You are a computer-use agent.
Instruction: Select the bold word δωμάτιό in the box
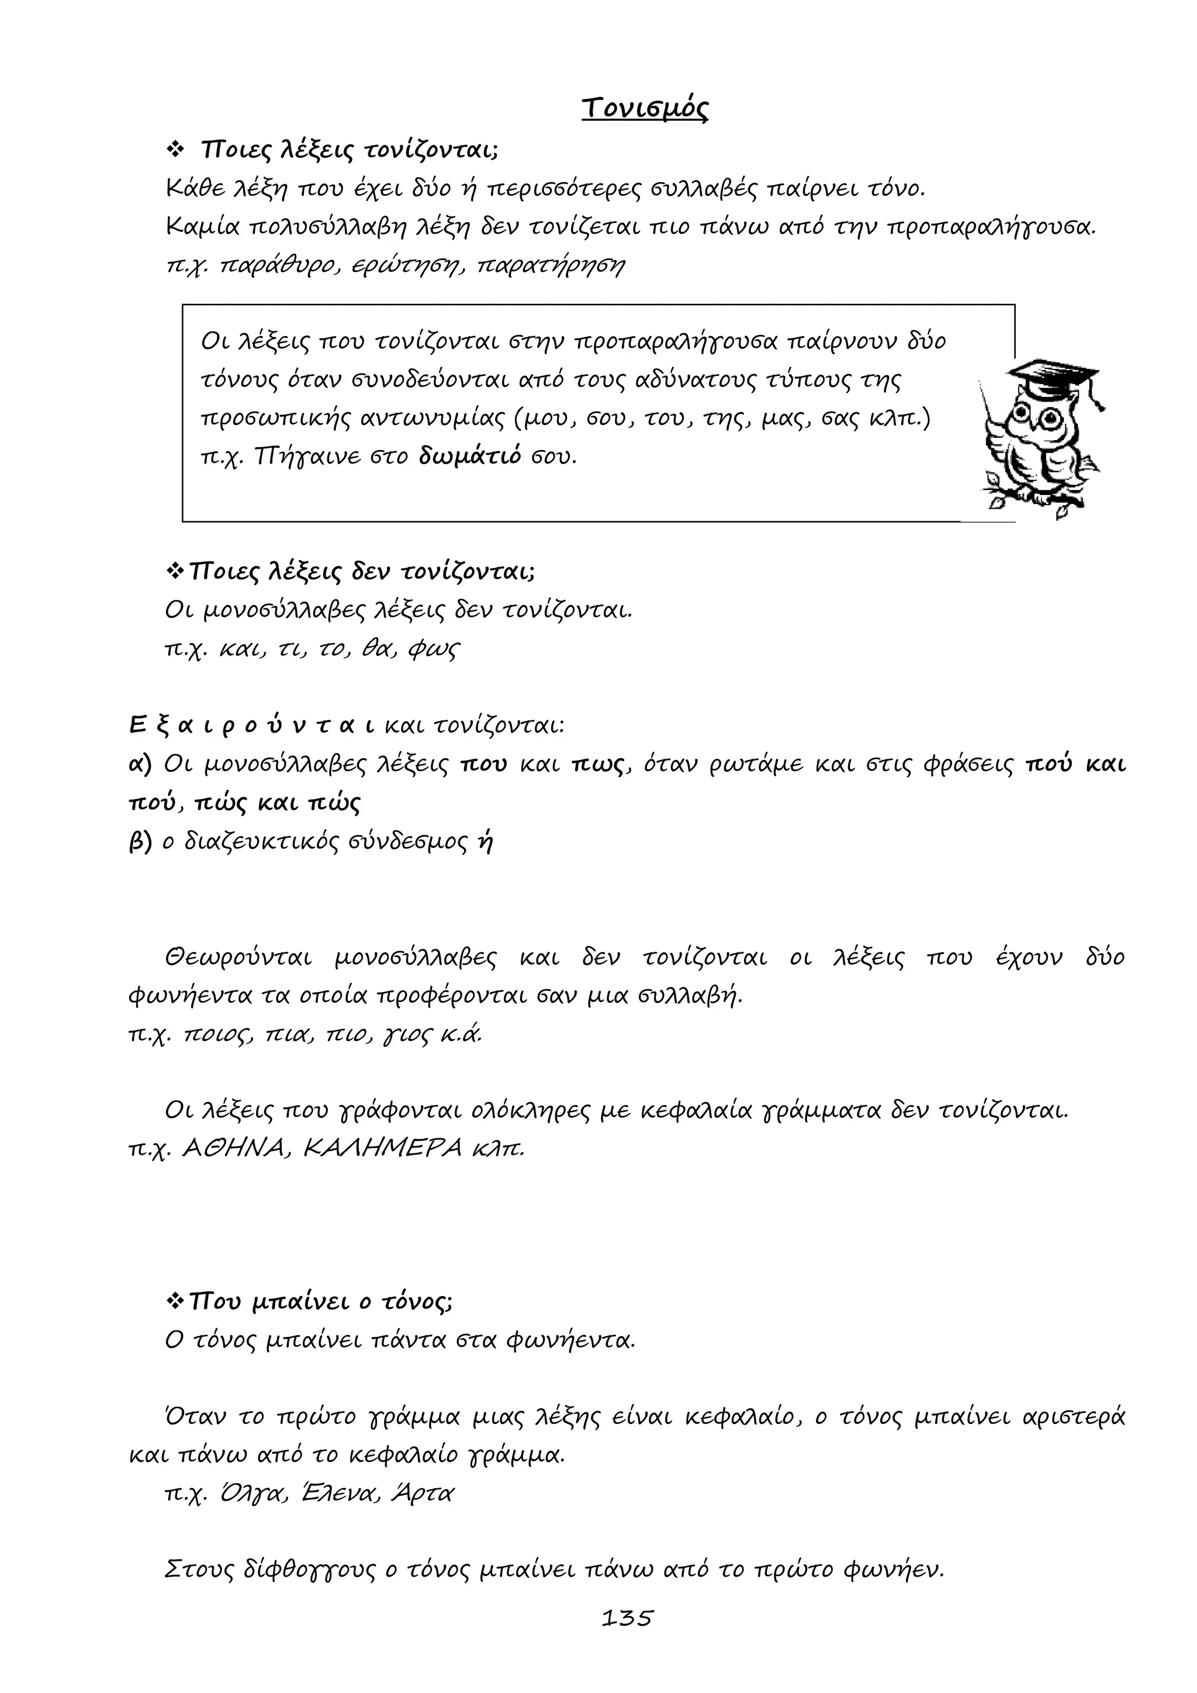point(469,457)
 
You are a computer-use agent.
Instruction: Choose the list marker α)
point(140,764)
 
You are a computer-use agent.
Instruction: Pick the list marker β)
point(140,841)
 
